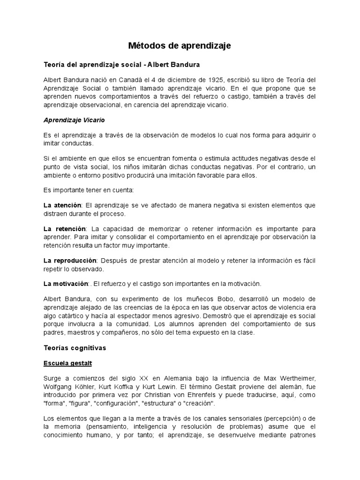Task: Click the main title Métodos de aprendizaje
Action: [x=180, y=46]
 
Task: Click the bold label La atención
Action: [x=62, y=205]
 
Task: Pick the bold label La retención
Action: [x=65, y=229]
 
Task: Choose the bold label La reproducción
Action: [x=70, y=260]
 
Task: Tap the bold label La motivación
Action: [x=66, y=284]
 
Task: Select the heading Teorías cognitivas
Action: [x=75, y=348]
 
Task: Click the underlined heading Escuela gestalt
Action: [x=67, y=363]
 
